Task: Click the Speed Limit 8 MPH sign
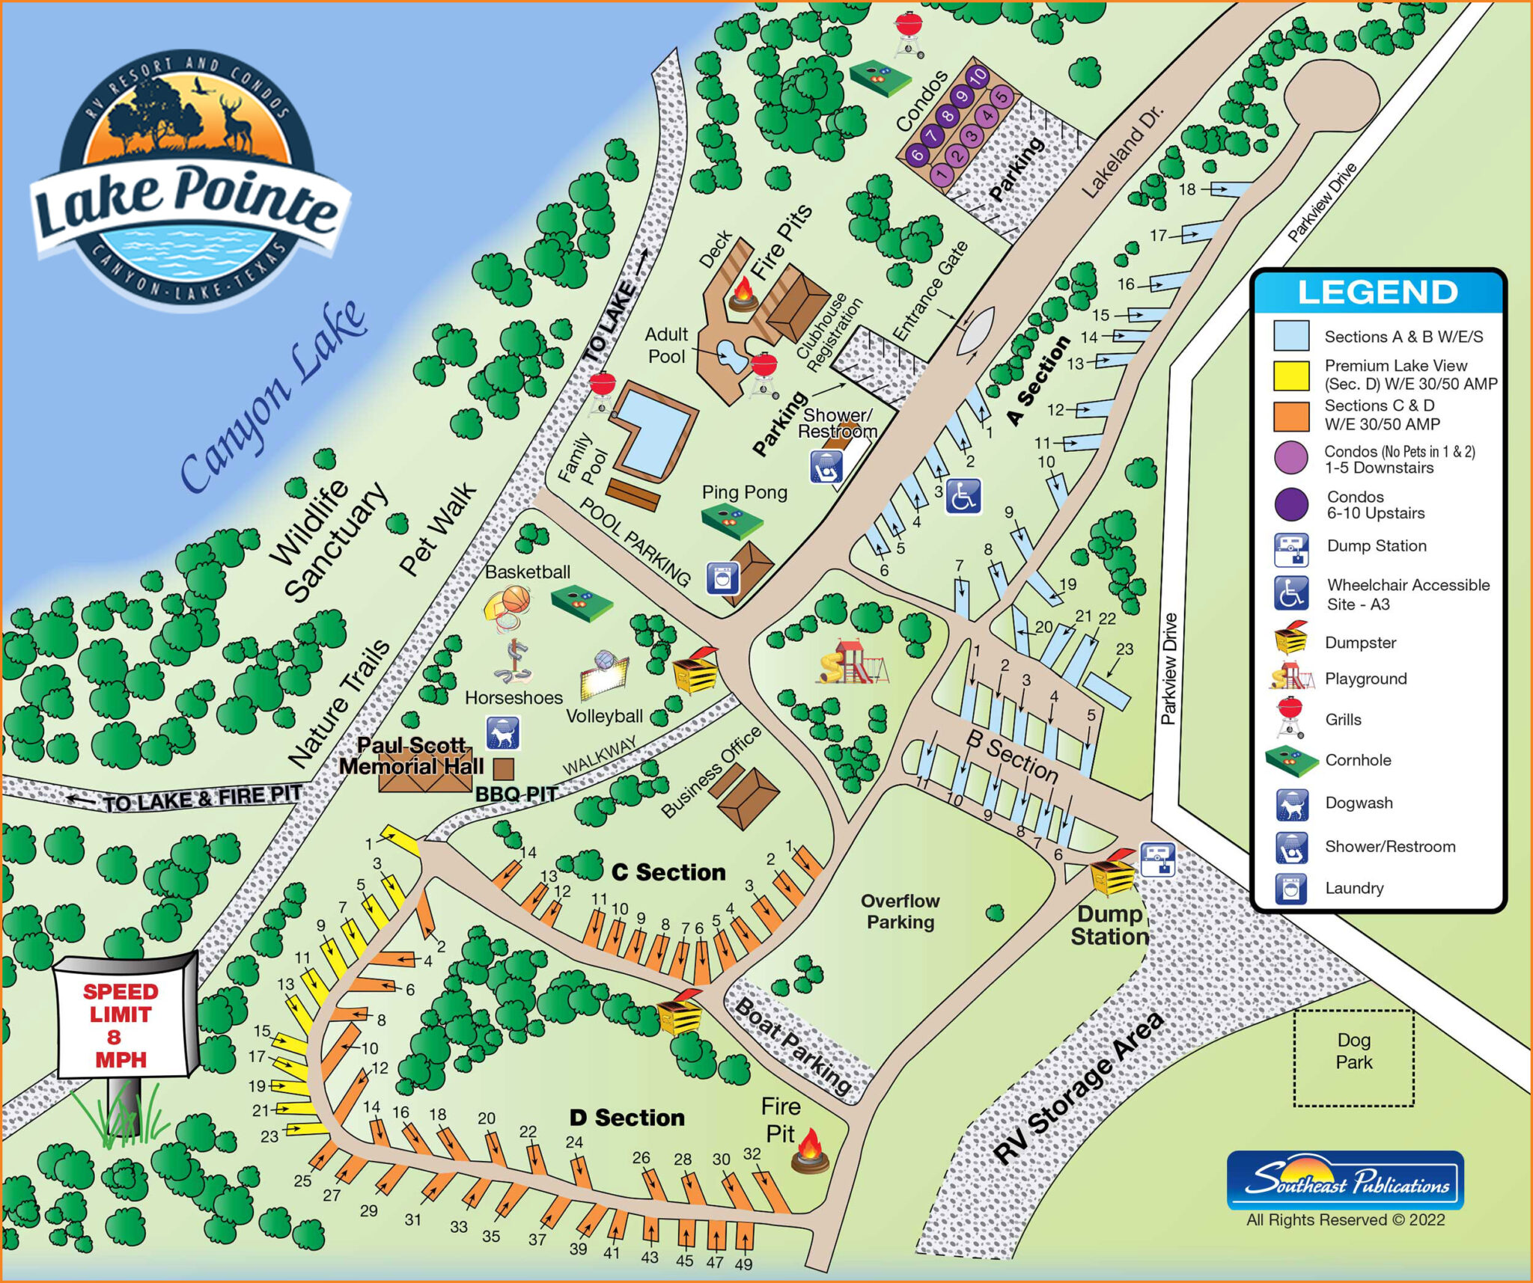[121, 1024]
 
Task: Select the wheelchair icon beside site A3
[963, 497]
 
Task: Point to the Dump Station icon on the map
[1157, 859]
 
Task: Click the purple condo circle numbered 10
[978, 76]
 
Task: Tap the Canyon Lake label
[274, 396]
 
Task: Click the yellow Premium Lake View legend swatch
[1291, 376]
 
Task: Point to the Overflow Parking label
[900, 911]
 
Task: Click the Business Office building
[747, 797]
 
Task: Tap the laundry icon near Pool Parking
[722, 578]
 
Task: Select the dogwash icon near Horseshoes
[503, 733]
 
